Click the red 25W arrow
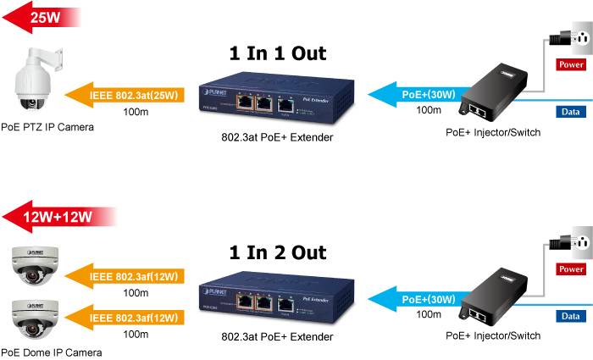click(x=42, y=17)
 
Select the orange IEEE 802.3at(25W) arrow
click(x=127, y=95)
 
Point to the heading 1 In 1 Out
click(x=278, y=53)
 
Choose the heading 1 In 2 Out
click(x=278, y=252)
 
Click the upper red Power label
click(x=571, y=64)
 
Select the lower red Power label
click(x=571, y=269)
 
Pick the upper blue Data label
click(x=571, y=111)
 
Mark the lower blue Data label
click(x=571, y=316)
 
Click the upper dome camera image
click(x=34, y=264)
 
